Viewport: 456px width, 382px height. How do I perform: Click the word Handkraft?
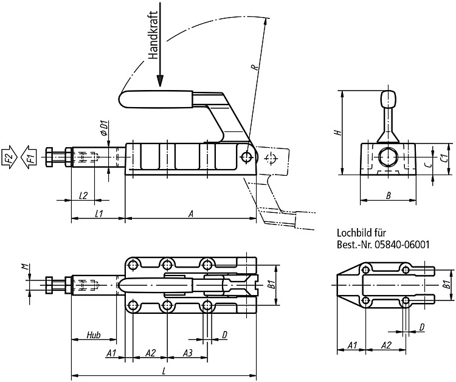[x=153, y=35]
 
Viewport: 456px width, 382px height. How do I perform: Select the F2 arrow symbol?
[x=9, y=157]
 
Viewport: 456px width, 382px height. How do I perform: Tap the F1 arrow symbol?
[x=29, y=157]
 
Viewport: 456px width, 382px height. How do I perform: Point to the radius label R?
[x=255, y=68]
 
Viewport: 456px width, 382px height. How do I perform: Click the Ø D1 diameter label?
[x=104, y=128]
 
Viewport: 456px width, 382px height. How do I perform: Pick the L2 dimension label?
[x=83, y=195]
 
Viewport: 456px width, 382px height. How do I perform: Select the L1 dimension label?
[x=99, y=214]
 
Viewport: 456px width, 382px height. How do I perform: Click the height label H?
[x=337, y=133]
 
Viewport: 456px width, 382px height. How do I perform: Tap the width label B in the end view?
[x=388, y=195]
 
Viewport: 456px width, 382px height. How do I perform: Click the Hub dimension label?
[x=94, y=335]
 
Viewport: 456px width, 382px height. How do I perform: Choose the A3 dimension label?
[x=188, y=353]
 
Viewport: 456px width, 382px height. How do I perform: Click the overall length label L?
[x=164, y=370]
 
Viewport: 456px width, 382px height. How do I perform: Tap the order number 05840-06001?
[x=402, y=245]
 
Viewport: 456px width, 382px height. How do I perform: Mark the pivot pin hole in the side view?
[x=247, y=156]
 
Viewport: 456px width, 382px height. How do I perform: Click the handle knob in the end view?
[x=389, y=99]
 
